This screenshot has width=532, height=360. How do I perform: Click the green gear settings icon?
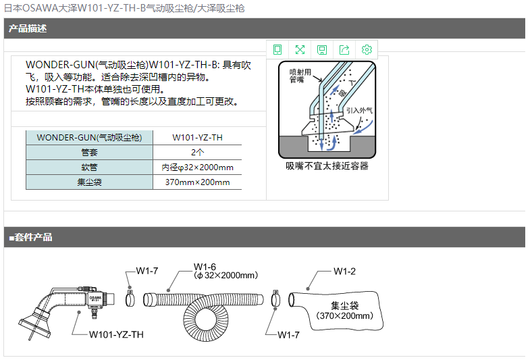367,49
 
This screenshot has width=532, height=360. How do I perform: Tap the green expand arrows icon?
300,49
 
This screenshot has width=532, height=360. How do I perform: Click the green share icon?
344,49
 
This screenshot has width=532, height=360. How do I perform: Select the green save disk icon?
321,50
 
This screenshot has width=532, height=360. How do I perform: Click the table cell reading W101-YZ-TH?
197,137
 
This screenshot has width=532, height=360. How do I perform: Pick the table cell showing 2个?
197,153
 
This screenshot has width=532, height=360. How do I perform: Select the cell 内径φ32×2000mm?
197,168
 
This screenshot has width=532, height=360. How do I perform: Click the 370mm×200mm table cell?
197,182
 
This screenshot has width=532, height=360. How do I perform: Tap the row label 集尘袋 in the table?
89,182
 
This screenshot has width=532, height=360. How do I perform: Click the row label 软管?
89,168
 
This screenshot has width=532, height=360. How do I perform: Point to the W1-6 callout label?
205,267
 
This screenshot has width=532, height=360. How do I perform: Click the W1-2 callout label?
344,272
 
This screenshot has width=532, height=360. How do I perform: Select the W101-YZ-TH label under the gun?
116,334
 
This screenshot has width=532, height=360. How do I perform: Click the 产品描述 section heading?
28,28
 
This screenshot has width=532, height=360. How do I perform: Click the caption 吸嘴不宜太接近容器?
327,166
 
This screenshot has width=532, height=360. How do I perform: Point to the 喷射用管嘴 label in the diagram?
300,76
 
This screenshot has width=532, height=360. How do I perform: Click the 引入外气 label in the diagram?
359,111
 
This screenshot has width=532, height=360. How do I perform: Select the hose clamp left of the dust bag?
276,299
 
